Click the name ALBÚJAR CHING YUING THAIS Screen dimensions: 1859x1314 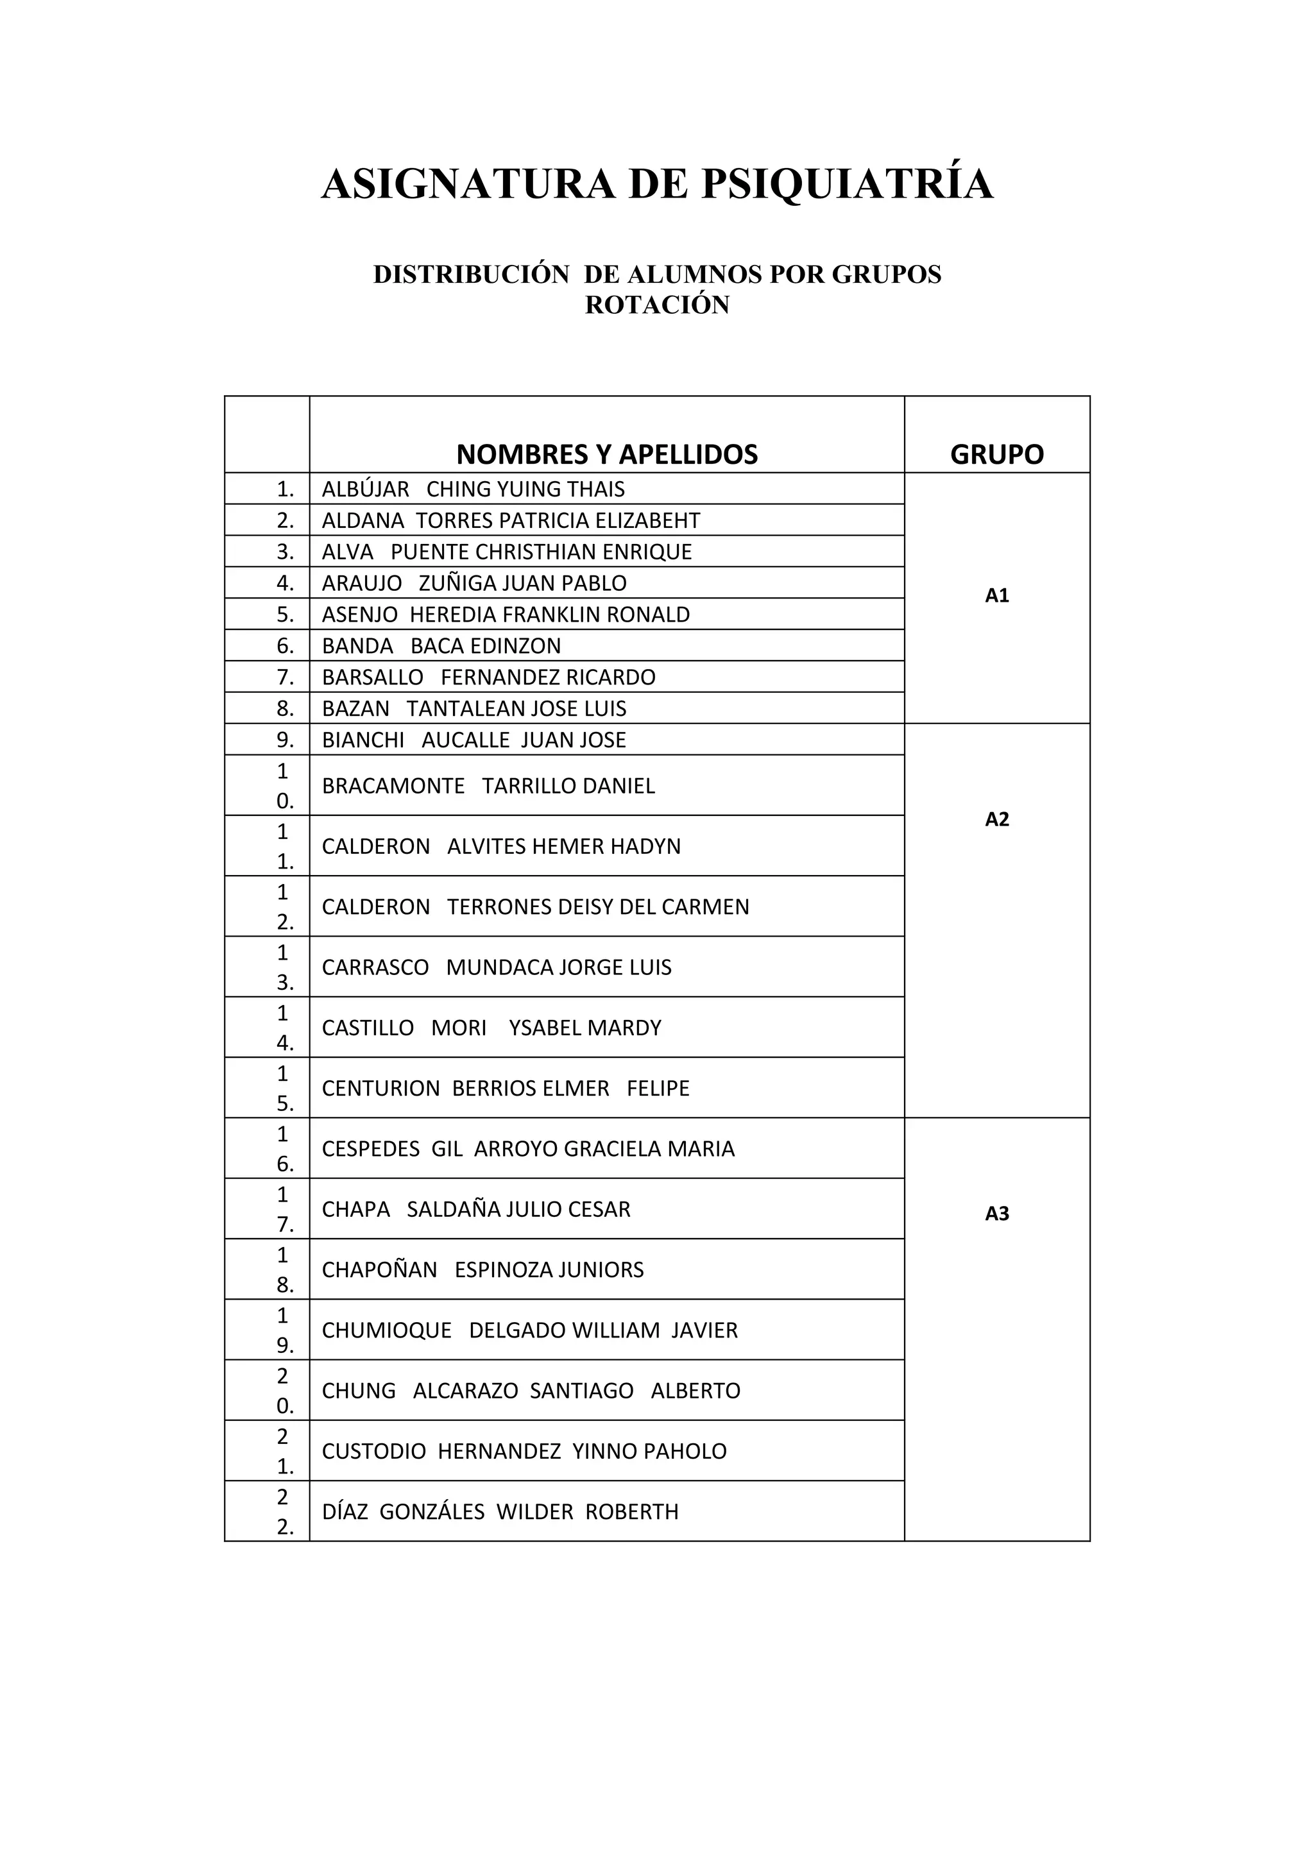[x=473, y=489]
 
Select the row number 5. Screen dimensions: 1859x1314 [x=285, y=615]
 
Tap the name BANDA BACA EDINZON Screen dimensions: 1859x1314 [x=441, y=646]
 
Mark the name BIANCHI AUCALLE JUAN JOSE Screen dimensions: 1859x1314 [x=474, y=740]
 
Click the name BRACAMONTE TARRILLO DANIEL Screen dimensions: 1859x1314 [x=488, y=786]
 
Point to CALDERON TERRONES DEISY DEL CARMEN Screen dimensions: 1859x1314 [x=535, y=907]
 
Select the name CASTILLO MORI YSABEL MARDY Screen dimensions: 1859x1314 [x=491, y=1028]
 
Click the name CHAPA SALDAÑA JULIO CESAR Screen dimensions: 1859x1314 [x=476, y=1210]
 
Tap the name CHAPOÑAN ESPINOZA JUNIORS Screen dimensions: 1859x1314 [x=482, y=1269]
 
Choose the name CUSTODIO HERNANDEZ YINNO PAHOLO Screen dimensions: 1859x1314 [x=524, y=1451]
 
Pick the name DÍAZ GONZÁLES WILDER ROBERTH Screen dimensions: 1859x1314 [x=500, y=1512]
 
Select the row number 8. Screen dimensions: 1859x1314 [x=285, y=708]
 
